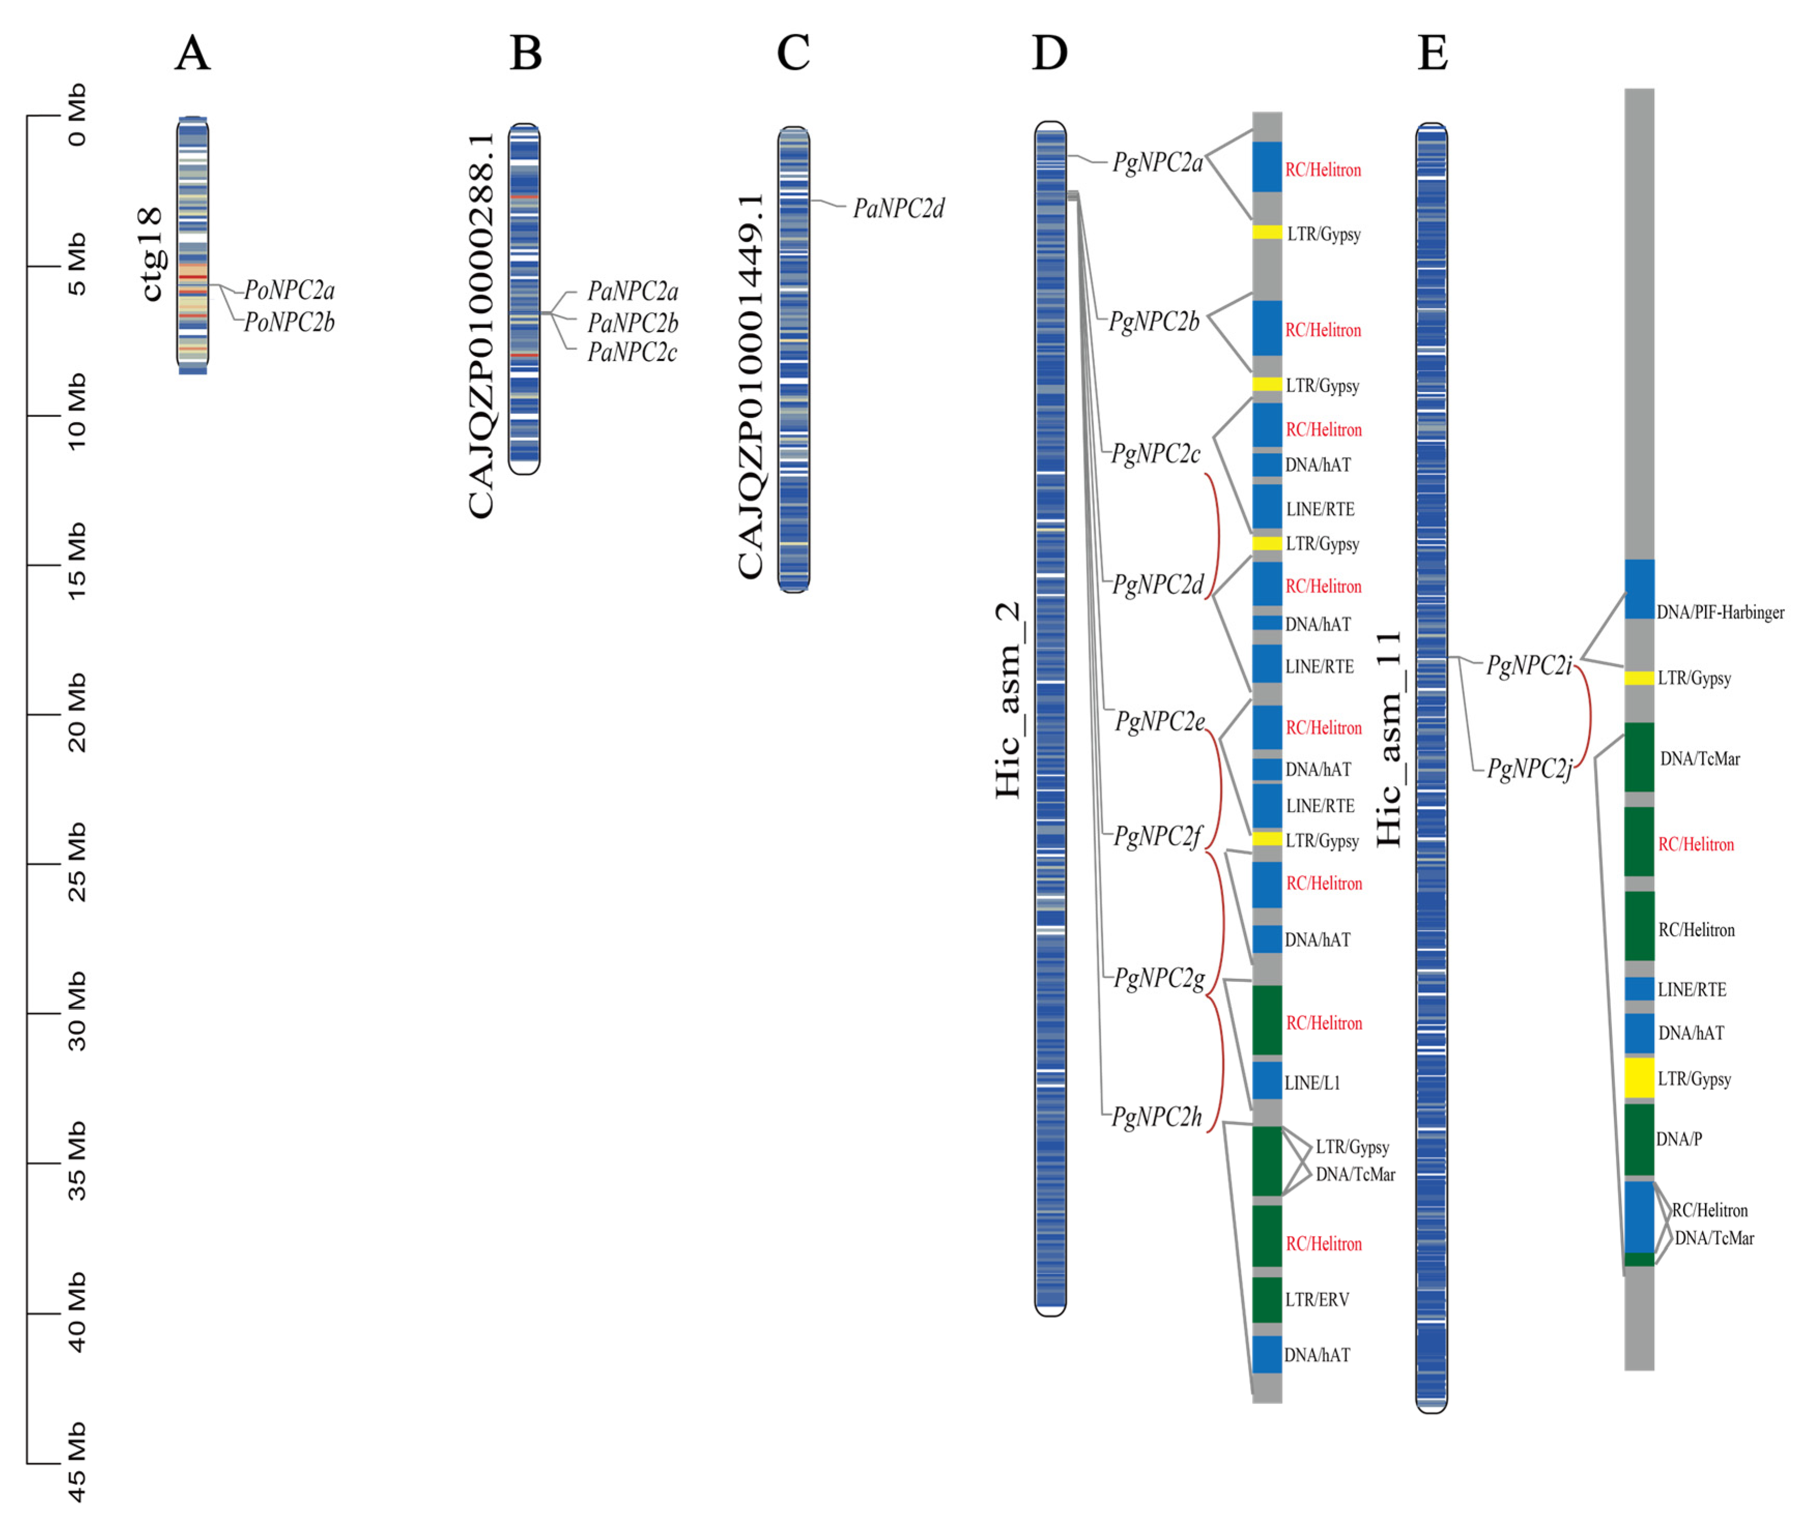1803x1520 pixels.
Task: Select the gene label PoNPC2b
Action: click(x=289, y=322)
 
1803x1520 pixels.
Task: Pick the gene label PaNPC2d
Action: click(x=898, y=209)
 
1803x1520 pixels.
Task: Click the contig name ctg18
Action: click(x=152, y=254)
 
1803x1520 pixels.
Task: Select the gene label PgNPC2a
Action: click(x=1157, y=162)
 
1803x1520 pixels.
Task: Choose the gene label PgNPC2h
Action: click(x=1156, y=1118)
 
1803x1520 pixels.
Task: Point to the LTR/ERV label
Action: click(x=1316, y=1299)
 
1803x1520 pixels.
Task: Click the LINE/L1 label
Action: click(x=1312, y=1083)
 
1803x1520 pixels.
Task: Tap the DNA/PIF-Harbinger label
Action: click(x=1720, y=613)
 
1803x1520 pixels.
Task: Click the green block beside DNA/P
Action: click(x=1638, y=1139)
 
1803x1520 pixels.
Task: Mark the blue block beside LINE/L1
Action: click(x=1266, y=1080)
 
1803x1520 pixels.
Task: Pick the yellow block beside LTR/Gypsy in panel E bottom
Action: click(x=1638, y=1078)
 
